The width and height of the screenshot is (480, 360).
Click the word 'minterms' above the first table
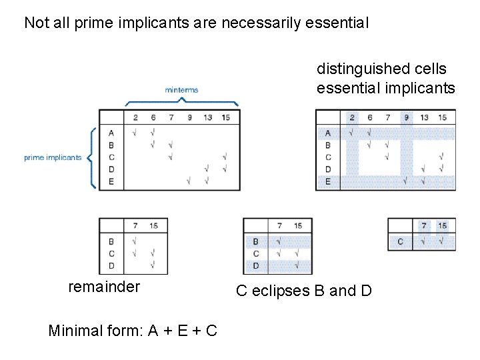(181, 90)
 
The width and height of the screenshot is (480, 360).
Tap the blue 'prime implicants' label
(53, 158)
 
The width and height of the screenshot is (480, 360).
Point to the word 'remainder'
(104, 287)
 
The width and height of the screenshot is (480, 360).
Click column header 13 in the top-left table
(208, 117)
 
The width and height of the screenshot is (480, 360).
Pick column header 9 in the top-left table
(189, 117)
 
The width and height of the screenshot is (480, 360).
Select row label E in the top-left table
(111, 181)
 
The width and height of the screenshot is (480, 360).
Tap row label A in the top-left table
(111, 132)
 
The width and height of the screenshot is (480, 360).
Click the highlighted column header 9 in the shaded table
(406, 117)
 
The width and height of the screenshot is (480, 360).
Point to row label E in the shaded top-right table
(328, 181)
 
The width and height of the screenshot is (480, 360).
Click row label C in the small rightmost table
(400, 241)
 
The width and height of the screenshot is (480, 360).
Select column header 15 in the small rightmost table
(442, 225)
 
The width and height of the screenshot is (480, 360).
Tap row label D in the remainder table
(111, 266)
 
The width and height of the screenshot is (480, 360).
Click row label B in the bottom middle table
(256, 241)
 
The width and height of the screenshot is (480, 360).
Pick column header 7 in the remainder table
(135, 226)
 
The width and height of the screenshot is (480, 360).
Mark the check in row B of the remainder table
(135, 241)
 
